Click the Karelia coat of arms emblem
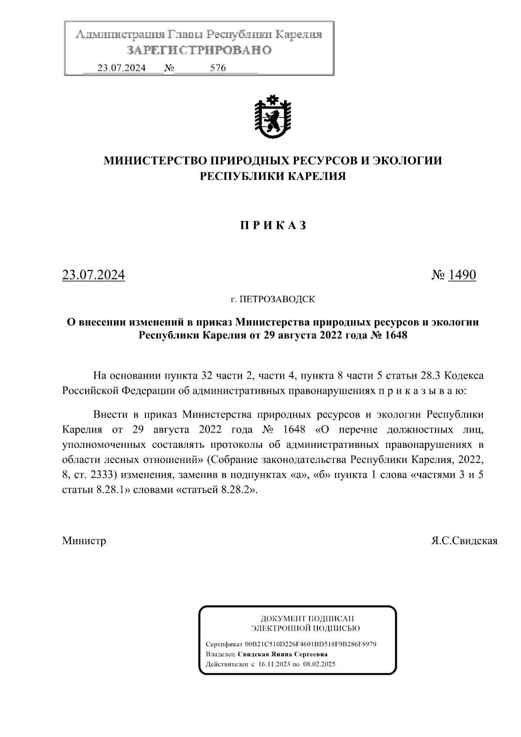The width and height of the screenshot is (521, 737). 272,117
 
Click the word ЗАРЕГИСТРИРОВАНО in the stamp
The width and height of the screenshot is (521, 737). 199,50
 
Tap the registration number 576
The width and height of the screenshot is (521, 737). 218,68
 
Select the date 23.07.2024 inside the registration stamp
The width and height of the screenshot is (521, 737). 122,68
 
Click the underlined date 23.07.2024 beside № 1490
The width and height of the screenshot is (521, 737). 93,275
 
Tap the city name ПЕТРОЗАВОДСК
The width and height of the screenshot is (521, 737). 277,299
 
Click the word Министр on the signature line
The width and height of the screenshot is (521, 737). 84,541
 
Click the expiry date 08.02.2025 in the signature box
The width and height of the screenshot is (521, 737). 319,664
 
